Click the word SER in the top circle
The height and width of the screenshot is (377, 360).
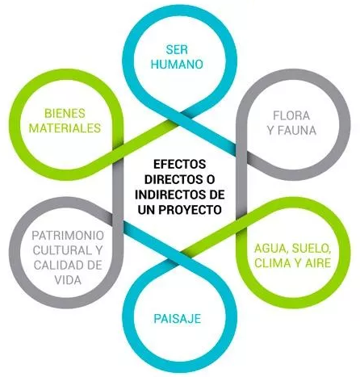click(x=177, y=49)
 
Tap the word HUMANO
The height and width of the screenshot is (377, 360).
click(x=177, y=65)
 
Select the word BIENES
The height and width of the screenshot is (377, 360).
click(x=65, y=113)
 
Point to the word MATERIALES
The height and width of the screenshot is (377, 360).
click(x=65, y=128)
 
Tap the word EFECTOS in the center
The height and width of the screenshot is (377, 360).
click(x=180, y=164)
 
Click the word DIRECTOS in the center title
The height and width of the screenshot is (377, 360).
click(x=172, y=179)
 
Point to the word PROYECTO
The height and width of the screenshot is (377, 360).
click(x=190, y=210)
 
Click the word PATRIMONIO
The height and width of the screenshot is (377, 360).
click(x=68, y=236)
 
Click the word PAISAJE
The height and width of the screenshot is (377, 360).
click(x=178, y=319)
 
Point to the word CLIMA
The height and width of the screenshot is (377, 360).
click(x=272, y=263)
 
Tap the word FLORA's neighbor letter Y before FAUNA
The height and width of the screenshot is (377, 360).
click(x=271, y=131)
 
